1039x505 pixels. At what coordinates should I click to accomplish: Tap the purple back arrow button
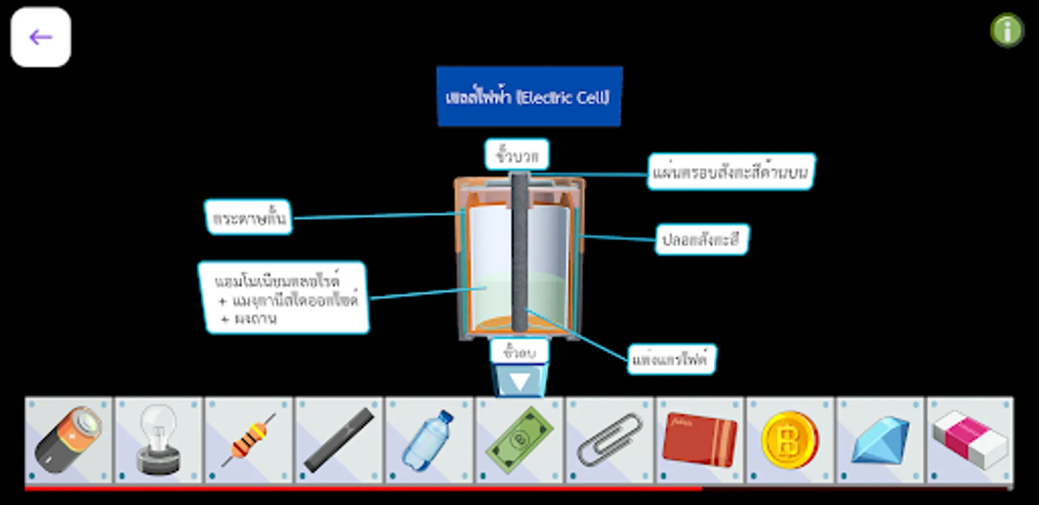coord(40,37)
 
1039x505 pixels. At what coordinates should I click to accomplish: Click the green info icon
coord(1007,30)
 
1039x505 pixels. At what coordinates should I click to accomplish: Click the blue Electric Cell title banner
coord(529,97)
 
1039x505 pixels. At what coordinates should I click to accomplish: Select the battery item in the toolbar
coord(68,440)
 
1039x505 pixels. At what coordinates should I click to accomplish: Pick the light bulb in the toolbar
coord(159,440)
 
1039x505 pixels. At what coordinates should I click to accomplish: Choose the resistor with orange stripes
coord(249,440)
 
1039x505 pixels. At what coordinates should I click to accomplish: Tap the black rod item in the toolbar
coord(339,440)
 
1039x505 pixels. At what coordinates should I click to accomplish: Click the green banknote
coord(520,440)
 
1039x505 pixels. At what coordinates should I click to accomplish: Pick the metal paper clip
coord(610,440)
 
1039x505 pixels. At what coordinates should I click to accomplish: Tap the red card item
coord(700,440)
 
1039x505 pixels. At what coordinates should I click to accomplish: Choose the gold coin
coord(790,440)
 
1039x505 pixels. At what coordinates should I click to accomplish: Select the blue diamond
coord(880,440)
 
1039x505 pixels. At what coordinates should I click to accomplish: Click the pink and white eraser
coord(970,440)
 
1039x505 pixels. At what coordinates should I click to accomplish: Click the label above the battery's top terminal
coord(517,155)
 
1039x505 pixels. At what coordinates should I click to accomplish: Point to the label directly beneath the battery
coord(519,352)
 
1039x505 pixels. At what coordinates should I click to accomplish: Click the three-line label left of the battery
coord(284,298)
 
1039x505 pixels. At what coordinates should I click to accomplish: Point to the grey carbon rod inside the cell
coord(520,252)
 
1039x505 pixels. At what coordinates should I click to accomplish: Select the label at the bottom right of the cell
coord(671,359)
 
